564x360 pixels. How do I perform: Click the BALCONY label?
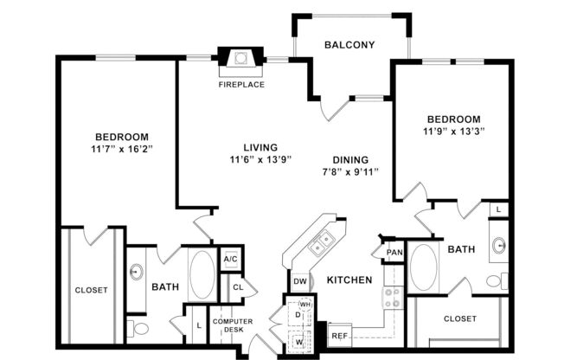tap(349, 45)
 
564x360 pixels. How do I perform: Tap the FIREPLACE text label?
tap(241, 85)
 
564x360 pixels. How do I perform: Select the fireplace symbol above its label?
tap(241, 60)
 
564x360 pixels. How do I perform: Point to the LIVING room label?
tap(249, 147)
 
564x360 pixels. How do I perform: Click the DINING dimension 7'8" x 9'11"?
tap(349, 172)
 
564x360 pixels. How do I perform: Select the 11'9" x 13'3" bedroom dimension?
tap(453, 132)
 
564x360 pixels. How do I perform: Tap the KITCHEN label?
tap(349, 280)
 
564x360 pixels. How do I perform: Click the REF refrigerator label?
tap(339, 335)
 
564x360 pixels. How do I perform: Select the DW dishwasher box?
tap(300, 281)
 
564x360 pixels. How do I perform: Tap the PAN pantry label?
tap(394, 253)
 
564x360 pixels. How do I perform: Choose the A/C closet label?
tap(231, 259)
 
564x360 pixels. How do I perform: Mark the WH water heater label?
tap(304, 305)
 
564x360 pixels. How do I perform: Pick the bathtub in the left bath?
tap(200, 274)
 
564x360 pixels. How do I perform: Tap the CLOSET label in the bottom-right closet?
tap(459, 318)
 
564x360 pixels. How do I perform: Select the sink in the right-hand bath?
tap(500, 245)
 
